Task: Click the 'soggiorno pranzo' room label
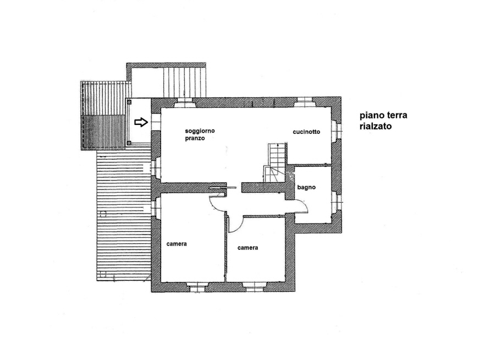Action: point(200,135)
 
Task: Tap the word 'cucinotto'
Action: point(306,132)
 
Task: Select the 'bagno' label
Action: point(306,187)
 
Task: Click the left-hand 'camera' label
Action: point(177,244)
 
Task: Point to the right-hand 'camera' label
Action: point(248,248)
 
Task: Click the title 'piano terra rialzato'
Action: point(383,121)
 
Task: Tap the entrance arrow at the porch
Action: point(141,122)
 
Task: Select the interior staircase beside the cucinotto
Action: point(276,162)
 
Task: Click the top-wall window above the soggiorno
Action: point(184,102)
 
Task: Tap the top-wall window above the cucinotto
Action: point(304,102)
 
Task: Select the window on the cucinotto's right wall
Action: point(337,129)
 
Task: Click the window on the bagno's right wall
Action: point(337,201)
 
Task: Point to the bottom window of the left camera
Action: point(196,287)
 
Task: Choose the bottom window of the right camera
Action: point(254,287)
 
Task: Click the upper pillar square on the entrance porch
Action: point(129,102)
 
